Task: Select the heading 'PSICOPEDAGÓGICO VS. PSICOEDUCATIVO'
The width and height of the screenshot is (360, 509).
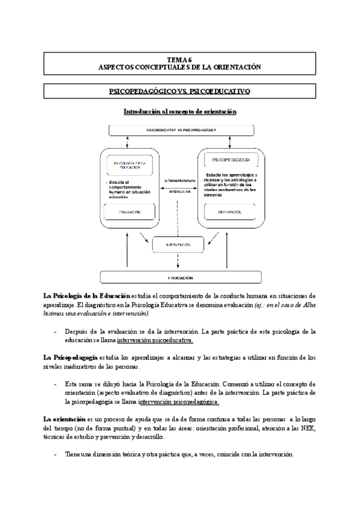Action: point(180,92)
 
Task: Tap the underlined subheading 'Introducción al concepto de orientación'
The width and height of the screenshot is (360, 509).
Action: point(180,112)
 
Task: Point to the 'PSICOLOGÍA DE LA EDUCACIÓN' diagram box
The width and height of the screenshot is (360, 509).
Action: point(128,164)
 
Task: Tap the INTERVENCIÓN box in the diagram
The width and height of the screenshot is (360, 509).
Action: point(180,245)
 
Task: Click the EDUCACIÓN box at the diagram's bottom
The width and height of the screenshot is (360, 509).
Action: point(180,278)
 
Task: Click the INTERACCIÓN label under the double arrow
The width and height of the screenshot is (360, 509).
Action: point(180,191)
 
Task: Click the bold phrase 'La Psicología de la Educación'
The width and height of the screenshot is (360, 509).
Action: point(86,296)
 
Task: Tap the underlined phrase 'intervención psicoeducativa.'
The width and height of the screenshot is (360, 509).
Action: point(155,340)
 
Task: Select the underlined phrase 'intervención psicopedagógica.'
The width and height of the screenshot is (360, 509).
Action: point(178,402)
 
